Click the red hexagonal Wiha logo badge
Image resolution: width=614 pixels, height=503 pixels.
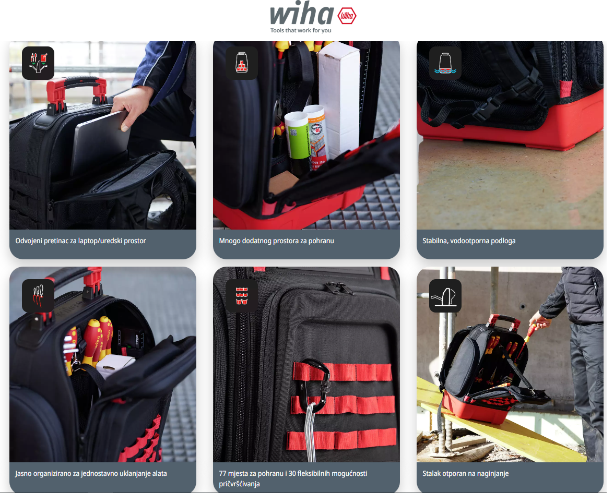347,16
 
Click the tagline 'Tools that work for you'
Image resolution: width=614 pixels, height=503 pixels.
301,31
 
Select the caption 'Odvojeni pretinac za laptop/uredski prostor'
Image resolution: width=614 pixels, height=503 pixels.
80,241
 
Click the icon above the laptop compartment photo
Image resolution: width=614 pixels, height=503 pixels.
38,63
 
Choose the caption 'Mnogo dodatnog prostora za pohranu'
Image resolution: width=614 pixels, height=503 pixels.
277,241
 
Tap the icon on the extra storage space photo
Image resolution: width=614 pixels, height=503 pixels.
242,63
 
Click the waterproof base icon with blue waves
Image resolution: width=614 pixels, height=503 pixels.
445,63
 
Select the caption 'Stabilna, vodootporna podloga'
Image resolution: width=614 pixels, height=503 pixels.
469,241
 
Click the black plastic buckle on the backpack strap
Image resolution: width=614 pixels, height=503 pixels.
490,106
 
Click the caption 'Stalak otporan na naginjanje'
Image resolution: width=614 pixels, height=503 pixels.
466,474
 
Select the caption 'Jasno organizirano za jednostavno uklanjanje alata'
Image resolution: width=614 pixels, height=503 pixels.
91,474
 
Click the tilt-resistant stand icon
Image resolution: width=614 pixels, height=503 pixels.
445,296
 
